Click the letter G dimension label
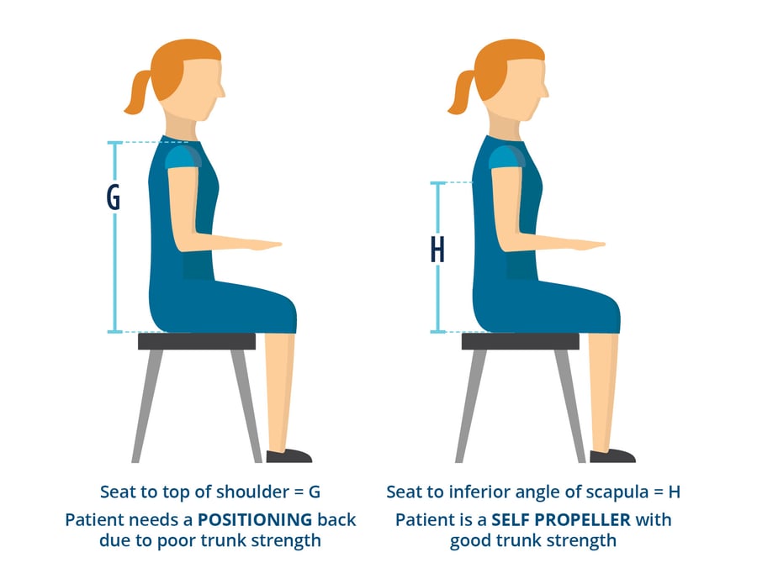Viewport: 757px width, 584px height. click(113, 198)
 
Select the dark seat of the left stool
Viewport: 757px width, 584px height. click(196, 341)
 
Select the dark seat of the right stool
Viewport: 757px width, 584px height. click(520, 341)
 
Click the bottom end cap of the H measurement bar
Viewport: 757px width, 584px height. click(437, 332)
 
